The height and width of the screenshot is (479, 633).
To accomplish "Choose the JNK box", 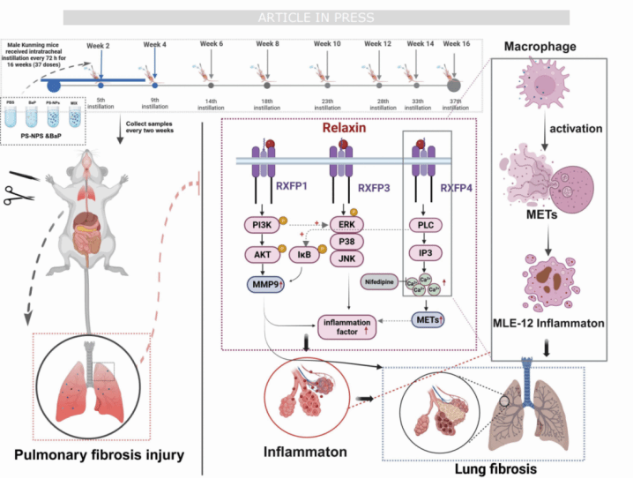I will click(346, 260).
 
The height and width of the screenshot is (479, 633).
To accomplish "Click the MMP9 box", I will click(267, 284).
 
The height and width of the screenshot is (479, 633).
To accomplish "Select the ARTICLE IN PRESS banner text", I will click(316, 17).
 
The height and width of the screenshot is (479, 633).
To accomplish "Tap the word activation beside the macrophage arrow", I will click(575, 128).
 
